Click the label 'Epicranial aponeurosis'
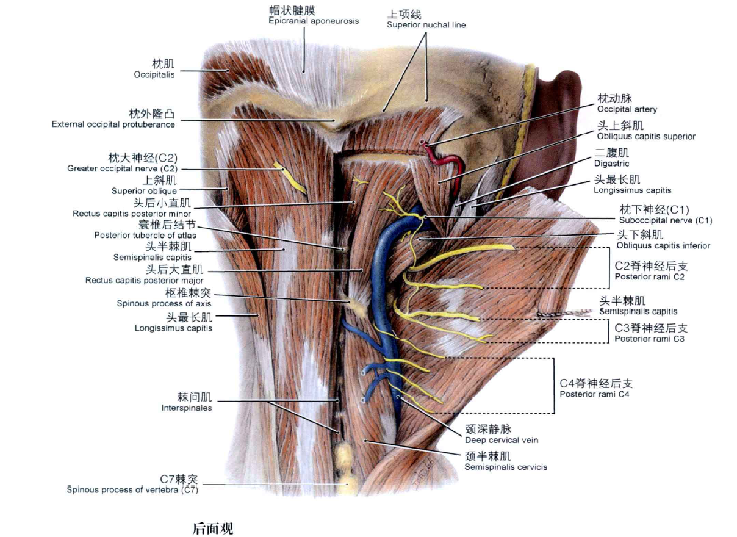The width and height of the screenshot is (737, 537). pos(313,21)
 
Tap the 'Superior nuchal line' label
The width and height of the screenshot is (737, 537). pos(426,25)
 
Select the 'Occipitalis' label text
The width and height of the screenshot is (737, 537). pos(154,75)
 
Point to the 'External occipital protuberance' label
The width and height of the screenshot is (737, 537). pos(113,124)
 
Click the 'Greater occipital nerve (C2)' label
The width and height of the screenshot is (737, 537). pos(122,168)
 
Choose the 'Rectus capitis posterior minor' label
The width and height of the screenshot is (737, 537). pos(131,214)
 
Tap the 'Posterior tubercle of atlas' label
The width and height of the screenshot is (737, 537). pos(145,235)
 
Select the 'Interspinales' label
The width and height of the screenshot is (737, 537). pos(187,408)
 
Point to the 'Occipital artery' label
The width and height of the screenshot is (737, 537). pos(627,109)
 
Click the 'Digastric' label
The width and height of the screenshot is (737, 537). pos(611,164)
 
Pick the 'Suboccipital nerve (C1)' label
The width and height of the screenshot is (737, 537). pos(665,220)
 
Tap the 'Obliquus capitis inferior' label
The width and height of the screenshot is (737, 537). pos(663,246)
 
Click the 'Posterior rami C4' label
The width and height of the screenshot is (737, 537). pos(594,394)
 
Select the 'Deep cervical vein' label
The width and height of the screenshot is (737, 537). pos(501,439)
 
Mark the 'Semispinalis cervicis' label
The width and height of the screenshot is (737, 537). pos(505,467)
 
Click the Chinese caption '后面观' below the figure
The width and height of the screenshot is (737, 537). pos(212,528)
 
